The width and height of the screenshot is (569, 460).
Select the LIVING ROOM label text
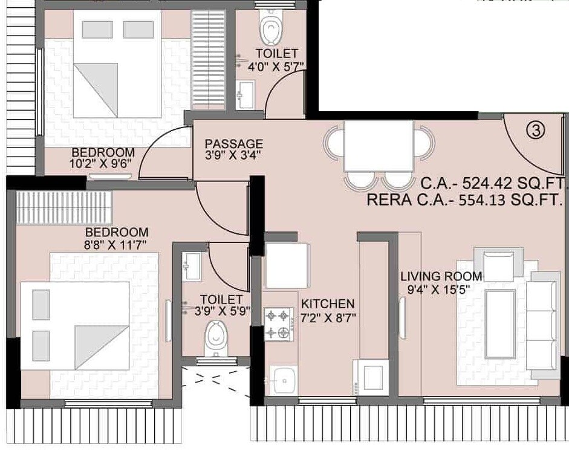[441, 276]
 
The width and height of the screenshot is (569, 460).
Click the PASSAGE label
[233, 144]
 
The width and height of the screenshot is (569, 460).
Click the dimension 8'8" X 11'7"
[116, 245]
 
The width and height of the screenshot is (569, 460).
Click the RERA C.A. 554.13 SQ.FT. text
[465, 200]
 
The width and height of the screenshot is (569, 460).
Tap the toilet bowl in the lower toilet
[215, 338]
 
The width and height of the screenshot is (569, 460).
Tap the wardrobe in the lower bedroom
[64, 207]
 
